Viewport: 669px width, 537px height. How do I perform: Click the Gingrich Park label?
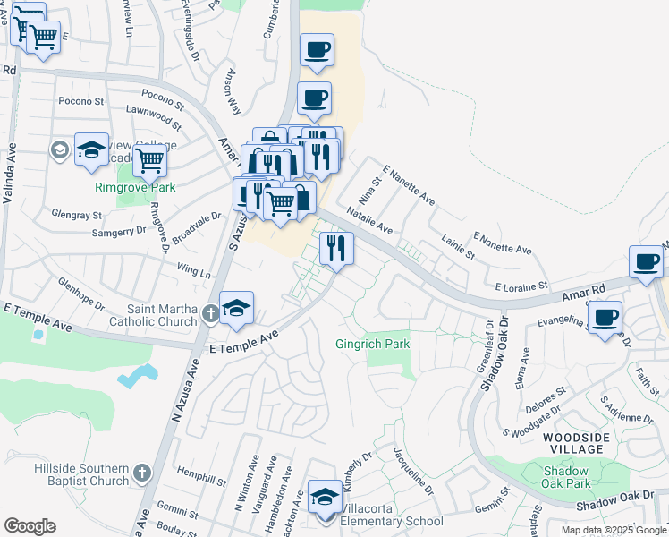tap(371, 344)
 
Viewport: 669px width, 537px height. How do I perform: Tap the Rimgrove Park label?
tap(136, 187)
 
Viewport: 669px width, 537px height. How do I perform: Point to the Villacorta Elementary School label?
tap(392, 521)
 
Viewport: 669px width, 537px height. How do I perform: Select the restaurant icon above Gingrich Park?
tap(336, 248)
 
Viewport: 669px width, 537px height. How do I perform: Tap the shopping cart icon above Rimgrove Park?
tap(150, 161)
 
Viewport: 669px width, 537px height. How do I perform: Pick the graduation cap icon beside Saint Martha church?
tap(236, 308)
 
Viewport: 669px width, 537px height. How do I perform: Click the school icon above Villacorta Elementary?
tap(325, 496)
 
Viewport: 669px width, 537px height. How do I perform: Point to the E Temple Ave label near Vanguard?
tap(243, 343)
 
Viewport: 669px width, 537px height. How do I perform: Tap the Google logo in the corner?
tap(30, 526)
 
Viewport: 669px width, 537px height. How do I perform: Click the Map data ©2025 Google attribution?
tap(614, 530)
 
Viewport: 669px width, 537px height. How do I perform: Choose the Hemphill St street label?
tap(201, 476)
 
